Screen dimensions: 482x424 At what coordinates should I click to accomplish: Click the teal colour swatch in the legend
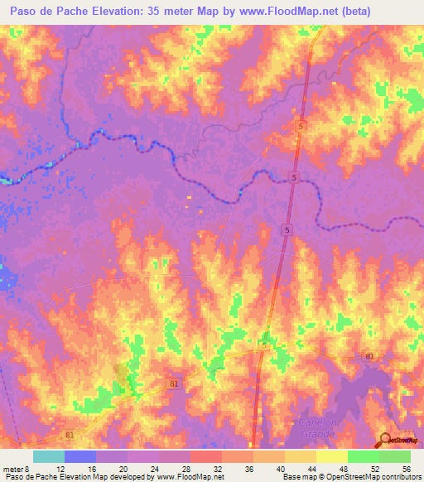pos(48,457)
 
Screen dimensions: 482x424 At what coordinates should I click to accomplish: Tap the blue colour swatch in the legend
pos(79,457)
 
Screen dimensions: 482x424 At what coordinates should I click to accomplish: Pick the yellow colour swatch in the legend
pos(331,457)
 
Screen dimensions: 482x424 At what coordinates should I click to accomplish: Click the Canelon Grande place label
pos(317,427)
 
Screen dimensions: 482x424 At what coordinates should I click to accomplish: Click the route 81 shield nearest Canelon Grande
pos(369,357)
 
